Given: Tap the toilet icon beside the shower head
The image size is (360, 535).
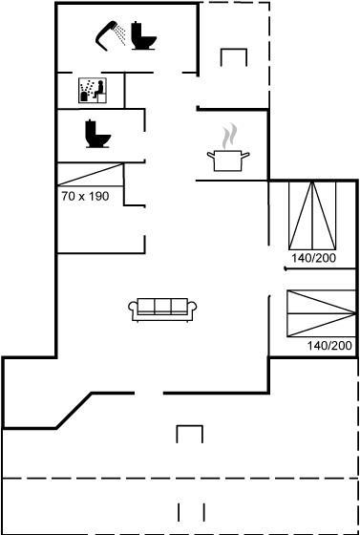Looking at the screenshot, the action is coord(143,36).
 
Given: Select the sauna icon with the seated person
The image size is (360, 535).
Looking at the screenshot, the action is coord(93,90).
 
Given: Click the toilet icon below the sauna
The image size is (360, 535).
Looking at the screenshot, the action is coord(97,134).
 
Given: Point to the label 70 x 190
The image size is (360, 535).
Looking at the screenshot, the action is coord(85,196).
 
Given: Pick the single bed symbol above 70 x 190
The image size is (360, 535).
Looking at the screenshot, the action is coord(91,175).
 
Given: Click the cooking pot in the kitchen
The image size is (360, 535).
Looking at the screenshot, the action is coord(228,160).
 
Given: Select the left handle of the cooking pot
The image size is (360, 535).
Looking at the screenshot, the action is coord(211,156).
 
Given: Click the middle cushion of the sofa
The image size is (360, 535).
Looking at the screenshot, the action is coord(162,306).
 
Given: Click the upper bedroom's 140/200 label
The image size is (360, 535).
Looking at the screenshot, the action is coord(313,258).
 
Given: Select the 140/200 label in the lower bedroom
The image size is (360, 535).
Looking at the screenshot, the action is coord(329,346).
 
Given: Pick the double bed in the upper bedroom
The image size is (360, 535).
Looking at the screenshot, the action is coord(312,215).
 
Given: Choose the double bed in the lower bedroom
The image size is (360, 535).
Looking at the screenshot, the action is coord(321,313).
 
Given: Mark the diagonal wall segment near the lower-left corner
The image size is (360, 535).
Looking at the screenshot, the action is coord(74,411).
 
